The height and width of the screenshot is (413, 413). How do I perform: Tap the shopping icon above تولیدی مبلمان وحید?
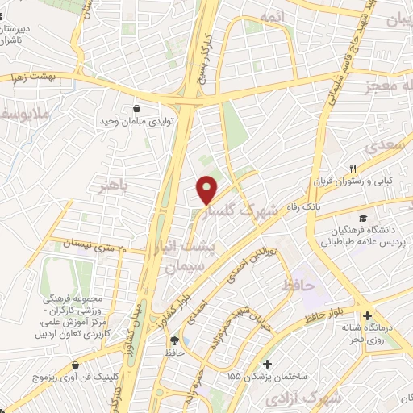[136, 108]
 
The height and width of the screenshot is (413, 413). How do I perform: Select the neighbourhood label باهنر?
[113, 187]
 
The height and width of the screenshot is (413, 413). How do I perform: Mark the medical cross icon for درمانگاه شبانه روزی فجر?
[369, 315]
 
